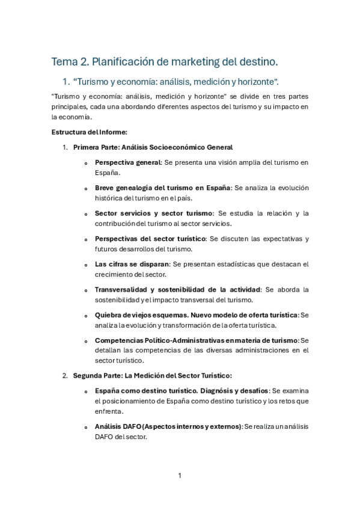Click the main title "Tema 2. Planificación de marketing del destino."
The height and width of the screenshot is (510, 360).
click(x=165, y=61)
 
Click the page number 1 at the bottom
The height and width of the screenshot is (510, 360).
click(x=180, y=476)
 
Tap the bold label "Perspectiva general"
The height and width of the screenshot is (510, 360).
click(x=128, y=162)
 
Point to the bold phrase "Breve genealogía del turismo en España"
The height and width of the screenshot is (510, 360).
click(x=163, y=188)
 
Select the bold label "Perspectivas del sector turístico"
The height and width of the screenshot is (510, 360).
click(x=150, y=239)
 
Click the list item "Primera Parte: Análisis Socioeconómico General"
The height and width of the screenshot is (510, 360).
click(x=153, y=147)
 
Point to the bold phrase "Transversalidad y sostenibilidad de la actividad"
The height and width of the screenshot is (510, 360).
click(x=177, y=289)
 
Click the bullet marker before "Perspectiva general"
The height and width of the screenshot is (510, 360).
click(x=87, y=163)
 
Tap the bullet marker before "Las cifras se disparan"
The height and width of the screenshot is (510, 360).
click(x=87, y=265)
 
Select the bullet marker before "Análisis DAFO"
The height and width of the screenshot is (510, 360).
click(x=87, y=427)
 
